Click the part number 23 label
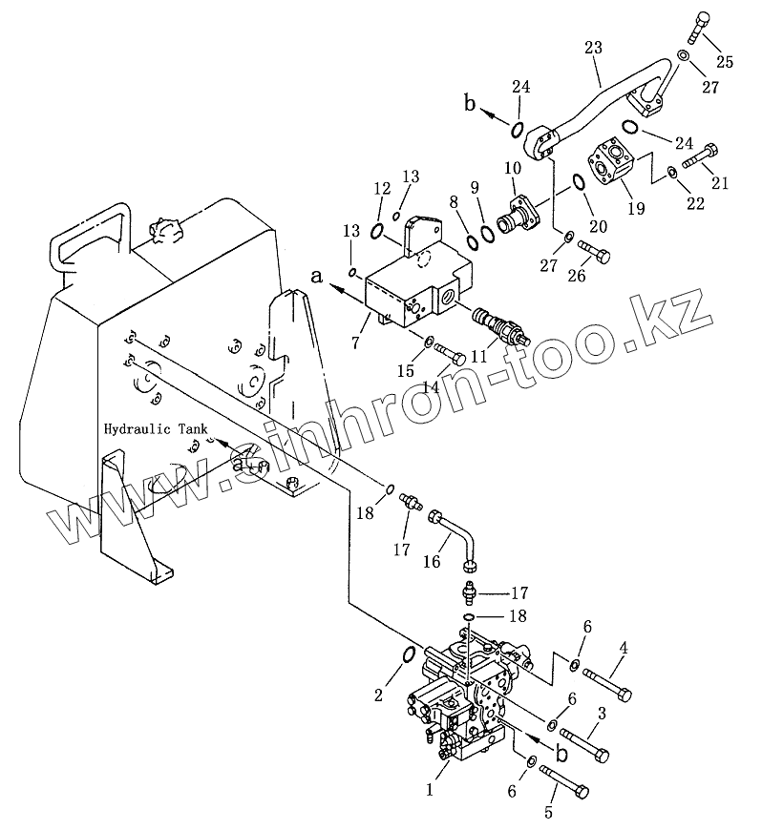click(593, 48)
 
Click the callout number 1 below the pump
click(429, 789)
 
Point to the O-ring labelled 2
click(405, 655)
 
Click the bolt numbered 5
click(563, 781)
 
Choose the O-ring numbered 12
click(378, 230)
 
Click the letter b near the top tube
click(469, 104)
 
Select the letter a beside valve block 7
click(316, 276)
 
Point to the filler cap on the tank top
click(164, 230)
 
